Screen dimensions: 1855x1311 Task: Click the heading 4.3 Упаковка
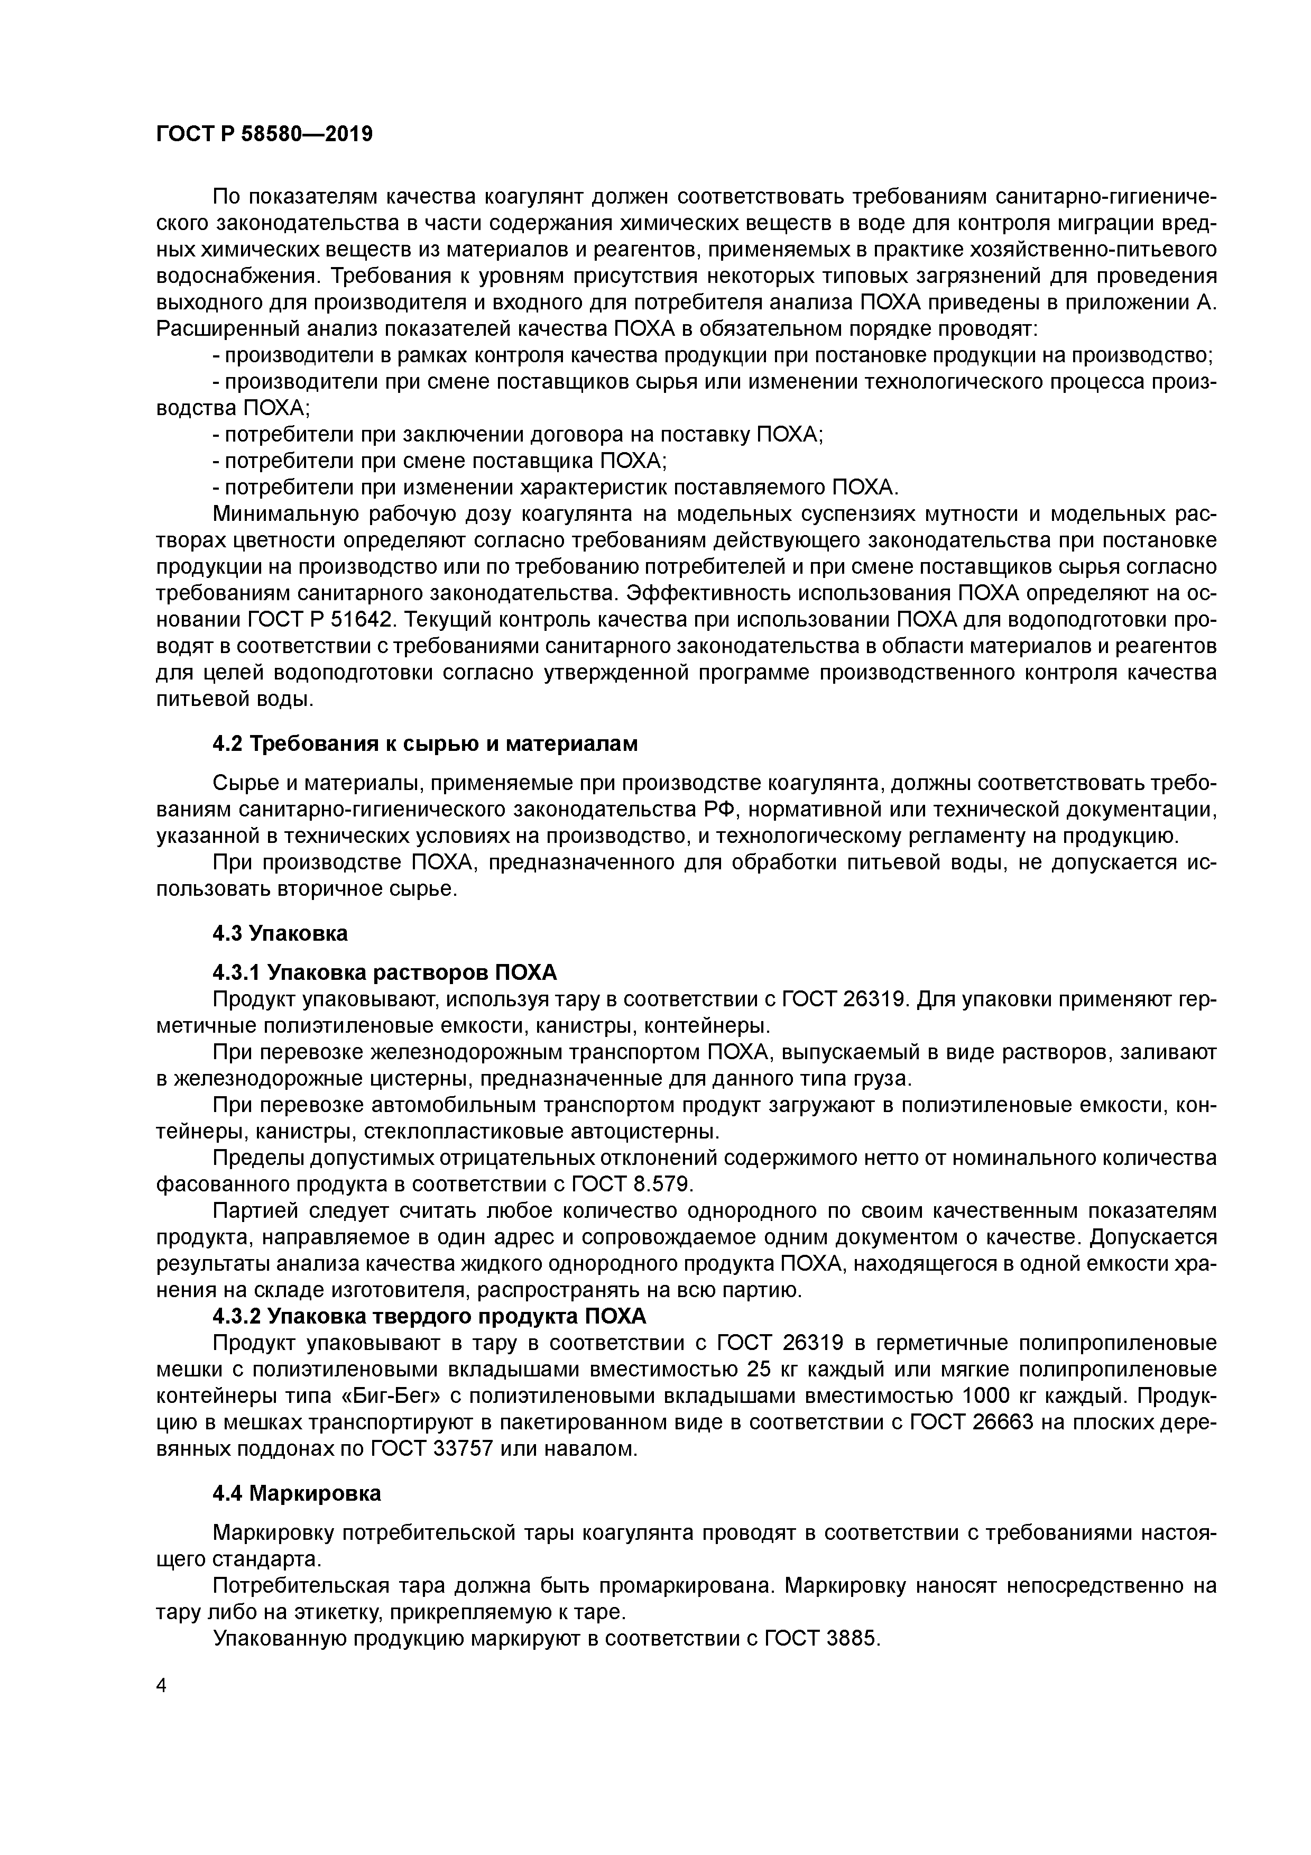pyautogui.click(x=280, y=933)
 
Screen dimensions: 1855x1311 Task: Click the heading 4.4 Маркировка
pyautogui.click(x=297, y=1494)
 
